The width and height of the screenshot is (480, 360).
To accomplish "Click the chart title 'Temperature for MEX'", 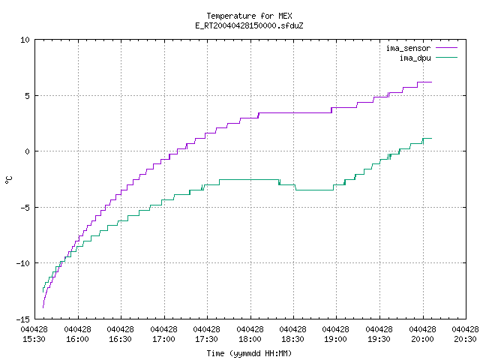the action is (x=249, y=16).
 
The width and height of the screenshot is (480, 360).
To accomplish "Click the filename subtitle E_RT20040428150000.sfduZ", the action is (x=249, y=25).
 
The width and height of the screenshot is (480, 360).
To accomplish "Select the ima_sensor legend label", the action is (x=408, y=48).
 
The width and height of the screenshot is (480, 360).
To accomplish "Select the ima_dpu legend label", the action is (x=415, y=58).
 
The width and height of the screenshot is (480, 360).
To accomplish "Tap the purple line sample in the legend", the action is (x=446, y=48).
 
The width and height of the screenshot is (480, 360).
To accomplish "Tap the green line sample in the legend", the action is (x=446, y=57).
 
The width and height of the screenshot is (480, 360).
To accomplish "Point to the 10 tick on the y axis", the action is (x=25, y=40).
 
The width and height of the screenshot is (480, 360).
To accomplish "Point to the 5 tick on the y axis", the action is (x=27, y=96).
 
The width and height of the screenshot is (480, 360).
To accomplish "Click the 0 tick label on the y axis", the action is (x=27, y=151).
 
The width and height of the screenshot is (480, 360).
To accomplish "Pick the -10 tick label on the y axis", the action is (x=23, y=263).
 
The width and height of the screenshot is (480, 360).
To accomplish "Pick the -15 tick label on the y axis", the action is (x=23, y=319).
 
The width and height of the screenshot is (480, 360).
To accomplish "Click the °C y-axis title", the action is (x=9, y=180).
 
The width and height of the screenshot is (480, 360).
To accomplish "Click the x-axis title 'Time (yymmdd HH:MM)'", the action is (x=249, y=353).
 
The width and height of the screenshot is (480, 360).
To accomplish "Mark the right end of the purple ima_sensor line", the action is (x=432, y=82).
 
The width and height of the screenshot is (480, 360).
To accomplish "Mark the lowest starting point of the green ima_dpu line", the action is (x=43, y=292).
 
